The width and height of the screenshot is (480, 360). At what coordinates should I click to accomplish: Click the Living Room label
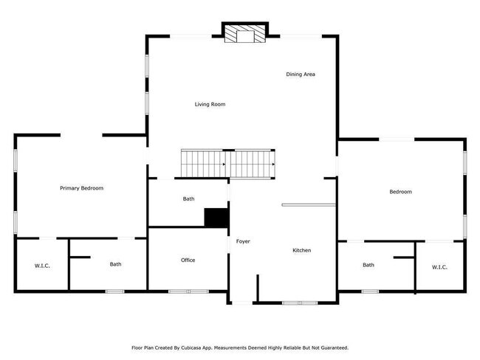tap(210, 105)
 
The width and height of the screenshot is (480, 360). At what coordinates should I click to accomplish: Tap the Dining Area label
tap(301, 75)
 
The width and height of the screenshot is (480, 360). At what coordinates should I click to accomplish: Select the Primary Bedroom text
tap(81, 188)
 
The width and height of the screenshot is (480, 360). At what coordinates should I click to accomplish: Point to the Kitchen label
tap(301, 251)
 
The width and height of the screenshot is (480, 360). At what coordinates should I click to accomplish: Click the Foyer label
tap(243, 242)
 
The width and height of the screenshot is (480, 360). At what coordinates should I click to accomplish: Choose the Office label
tap(188, 260)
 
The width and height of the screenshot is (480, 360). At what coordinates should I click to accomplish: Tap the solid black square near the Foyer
tap(216, 218)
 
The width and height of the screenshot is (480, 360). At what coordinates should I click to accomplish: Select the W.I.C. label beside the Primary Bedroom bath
tap(42, 266)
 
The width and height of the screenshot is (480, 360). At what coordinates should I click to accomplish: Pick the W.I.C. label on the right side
tap(439, 267)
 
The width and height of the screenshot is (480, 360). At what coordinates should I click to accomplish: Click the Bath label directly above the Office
tap(188, 199)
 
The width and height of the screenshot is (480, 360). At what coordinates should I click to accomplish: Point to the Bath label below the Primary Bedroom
tap(116, 264)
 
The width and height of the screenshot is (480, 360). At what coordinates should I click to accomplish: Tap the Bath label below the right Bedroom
tap(368, 266)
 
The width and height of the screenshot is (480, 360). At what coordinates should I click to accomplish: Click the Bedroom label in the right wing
tap(400, 192)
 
